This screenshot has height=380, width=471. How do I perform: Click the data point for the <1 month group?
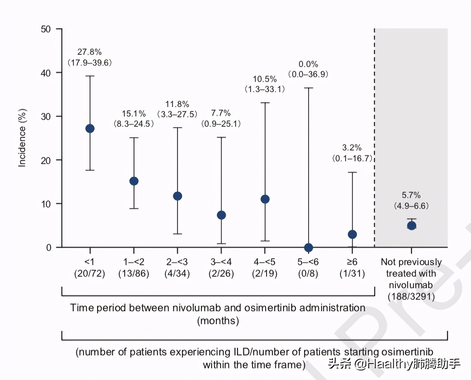tap(90, 129)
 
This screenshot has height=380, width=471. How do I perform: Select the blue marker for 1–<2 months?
tap(134, 181)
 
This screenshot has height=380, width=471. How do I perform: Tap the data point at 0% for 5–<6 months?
tap(308, 248)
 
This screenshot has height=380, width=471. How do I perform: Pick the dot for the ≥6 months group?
tap(352, 234)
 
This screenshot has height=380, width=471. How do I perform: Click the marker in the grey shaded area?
tap(412, 226)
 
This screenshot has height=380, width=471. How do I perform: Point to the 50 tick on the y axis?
tap(46, 29)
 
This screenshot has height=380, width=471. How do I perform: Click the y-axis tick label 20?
tap(46, 160)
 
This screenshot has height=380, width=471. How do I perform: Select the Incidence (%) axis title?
tap(22, 138)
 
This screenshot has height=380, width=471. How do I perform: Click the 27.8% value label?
tap(90, 52)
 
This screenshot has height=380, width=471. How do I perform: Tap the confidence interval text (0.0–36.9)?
tap(308, 74)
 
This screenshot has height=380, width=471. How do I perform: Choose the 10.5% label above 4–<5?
tap(265, 79)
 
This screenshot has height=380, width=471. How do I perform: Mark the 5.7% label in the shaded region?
tap(411, 195)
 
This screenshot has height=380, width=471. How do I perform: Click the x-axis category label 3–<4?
tap(221, 262)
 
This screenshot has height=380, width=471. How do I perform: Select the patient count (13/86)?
tap(134, 273)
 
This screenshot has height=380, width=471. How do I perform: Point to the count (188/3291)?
tap(411, 297)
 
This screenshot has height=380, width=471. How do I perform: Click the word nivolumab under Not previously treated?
tap(411, 285)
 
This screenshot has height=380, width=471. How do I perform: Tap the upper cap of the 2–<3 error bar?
tap(177, 128)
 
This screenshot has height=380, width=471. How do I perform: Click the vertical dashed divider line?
tap(375, 136)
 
